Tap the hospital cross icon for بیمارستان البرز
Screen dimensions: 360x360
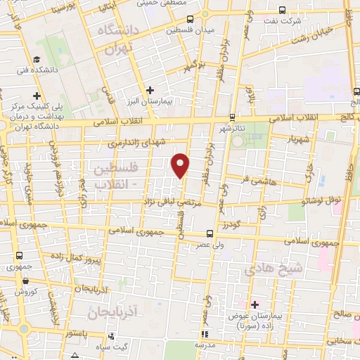coord(150,90)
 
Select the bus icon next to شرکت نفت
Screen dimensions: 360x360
coord(282,11)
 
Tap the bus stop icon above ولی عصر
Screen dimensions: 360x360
coord(210,233)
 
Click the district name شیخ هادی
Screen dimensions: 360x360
coord(275,268)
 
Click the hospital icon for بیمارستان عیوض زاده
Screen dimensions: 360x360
coord(255,304)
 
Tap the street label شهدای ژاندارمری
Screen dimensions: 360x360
coord(135,142)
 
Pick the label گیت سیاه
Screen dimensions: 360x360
coord(112,347)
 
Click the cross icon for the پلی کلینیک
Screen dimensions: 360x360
coord(37,96)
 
